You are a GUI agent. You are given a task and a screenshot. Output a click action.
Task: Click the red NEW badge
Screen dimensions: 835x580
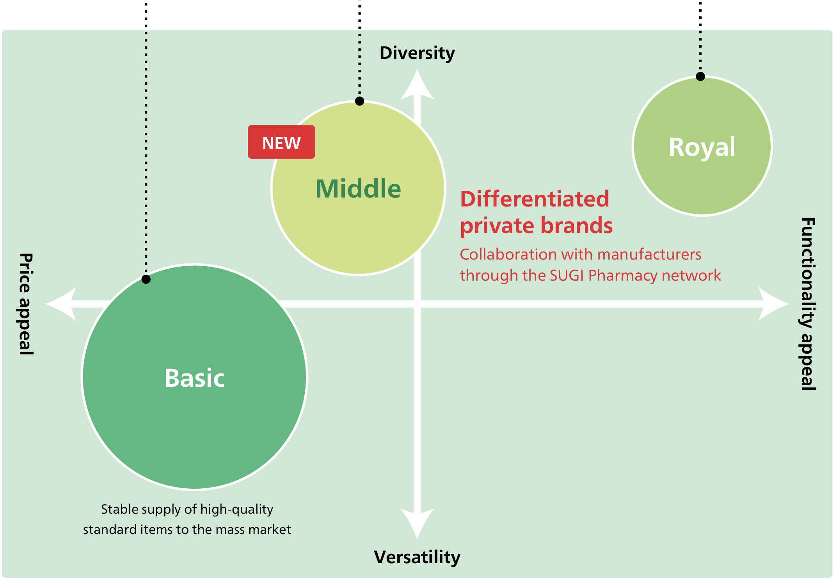click(281, 142)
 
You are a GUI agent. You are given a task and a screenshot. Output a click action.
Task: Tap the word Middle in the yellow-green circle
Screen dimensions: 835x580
click(358, 189)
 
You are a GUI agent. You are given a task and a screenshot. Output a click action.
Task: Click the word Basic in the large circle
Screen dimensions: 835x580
click(194, 378)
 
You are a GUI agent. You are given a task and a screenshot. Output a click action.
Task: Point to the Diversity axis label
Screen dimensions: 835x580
click(417, 53)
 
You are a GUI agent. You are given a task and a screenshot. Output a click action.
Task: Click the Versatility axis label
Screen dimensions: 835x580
click(417, 557)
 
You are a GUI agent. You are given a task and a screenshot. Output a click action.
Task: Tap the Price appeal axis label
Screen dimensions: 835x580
click(26, 304)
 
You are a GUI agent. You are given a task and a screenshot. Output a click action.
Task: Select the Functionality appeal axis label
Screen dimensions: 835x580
click(808, 304)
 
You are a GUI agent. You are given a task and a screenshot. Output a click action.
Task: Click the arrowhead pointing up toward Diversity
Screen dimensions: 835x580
click(417, 84)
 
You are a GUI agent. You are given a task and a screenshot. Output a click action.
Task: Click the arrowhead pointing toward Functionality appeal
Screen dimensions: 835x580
click(774, 304)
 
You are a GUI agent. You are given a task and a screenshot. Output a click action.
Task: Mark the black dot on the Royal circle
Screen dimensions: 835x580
click(700, 77)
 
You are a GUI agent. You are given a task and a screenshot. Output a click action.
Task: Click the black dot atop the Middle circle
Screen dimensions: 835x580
click(359, 101)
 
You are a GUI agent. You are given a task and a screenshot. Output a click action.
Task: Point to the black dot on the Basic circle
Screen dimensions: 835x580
click(146, 279)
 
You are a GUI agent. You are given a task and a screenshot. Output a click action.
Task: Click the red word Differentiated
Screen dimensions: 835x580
click(535, 199)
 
